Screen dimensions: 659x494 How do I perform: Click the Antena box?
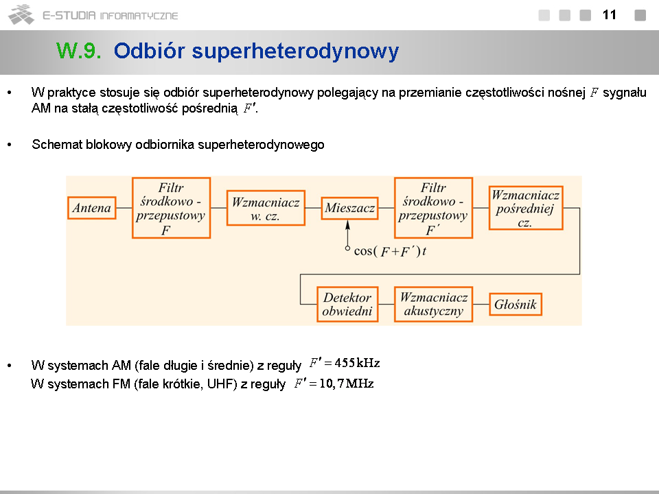click(91, 208)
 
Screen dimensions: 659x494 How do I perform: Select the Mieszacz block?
click(349, 208)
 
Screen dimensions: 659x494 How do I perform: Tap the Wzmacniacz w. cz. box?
click(266, 208)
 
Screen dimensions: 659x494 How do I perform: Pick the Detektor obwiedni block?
click(347, 305)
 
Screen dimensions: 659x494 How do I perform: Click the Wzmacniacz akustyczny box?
click(434, 305)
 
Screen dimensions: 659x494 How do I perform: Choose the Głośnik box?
click(516, 305)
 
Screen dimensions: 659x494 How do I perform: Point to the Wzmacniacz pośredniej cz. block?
click(526, 208)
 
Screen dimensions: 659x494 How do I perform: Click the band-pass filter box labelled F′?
click(433, 208)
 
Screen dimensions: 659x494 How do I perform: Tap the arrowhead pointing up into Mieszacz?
click(347, 225)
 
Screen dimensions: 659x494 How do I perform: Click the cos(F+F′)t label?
click(390, 251)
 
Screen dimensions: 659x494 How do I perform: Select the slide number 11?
click(609, 15)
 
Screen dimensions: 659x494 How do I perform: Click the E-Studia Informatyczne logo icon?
click(21, 14)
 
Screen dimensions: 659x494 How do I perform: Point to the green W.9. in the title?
click(78, 51)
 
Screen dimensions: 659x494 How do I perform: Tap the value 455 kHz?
click(357, 363)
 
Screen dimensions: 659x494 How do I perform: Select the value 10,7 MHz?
click(347, 384)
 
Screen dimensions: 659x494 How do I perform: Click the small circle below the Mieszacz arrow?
click(347, 248)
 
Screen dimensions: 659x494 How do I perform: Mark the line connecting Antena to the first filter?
click(124, 208)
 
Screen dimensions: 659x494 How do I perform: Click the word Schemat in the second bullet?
click(57, 145)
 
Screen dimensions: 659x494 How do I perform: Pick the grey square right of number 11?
click(640, 15)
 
